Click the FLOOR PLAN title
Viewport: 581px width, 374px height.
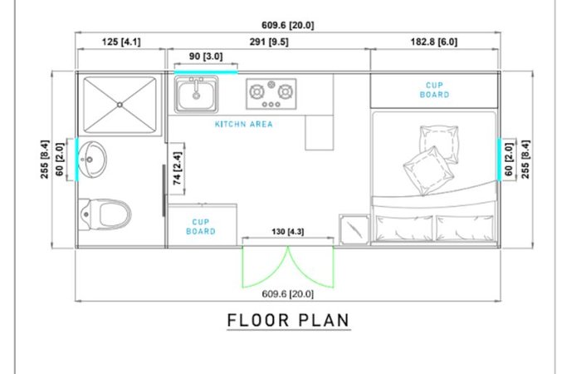point(288,320)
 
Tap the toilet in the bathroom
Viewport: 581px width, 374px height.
point(105,214)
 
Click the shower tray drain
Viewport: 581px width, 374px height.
point(120,105)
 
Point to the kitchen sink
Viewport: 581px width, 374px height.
point(196,94)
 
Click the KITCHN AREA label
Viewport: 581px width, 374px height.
point(244,124)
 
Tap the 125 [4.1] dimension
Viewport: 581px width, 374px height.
point(121,42)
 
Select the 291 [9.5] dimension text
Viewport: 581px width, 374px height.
point(269,42)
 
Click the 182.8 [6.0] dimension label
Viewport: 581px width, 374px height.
point(434,42)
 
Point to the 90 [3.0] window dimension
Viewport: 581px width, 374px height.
point(206,57)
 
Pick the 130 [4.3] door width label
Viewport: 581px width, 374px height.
point(287,232)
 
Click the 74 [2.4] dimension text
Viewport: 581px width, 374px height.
point(177,168)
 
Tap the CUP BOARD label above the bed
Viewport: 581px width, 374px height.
point(434,90)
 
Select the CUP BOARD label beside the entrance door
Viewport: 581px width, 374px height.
point(201,227)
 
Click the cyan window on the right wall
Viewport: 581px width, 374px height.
point(499,160)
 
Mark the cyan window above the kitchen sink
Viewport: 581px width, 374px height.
point(206,72)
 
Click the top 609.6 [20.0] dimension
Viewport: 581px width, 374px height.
point(287,25)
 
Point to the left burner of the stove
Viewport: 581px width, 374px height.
point(256,91)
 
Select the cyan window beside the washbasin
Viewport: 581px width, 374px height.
point(76,160)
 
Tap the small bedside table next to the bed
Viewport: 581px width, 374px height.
point(354,229)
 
